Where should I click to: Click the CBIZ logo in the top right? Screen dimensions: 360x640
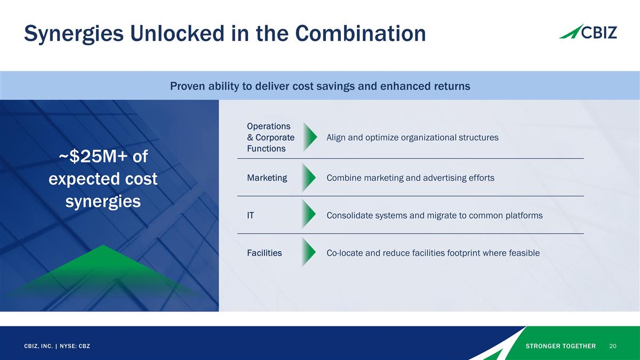click(x=588, y=32)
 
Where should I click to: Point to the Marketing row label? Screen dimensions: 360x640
click(x=267, y=178)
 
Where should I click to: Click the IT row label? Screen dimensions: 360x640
click(x=250, y=215)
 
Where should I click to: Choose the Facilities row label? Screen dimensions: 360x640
click(x=264, y=253)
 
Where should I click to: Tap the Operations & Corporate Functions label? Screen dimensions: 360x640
click(x=270, y=138)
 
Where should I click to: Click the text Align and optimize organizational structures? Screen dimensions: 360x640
click(x=412, y=138)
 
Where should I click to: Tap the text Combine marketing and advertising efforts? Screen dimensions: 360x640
click(x=410, y=178)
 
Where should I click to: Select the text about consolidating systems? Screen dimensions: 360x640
click(x=434, y=215)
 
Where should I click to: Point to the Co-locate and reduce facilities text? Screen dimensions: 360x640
click(x=433, y=253)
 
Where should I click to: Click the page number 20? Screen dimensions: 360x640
click(x=612, y=346)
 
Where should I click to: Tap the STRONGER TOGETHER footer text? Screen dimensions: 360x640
click(x=561, y=346)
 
